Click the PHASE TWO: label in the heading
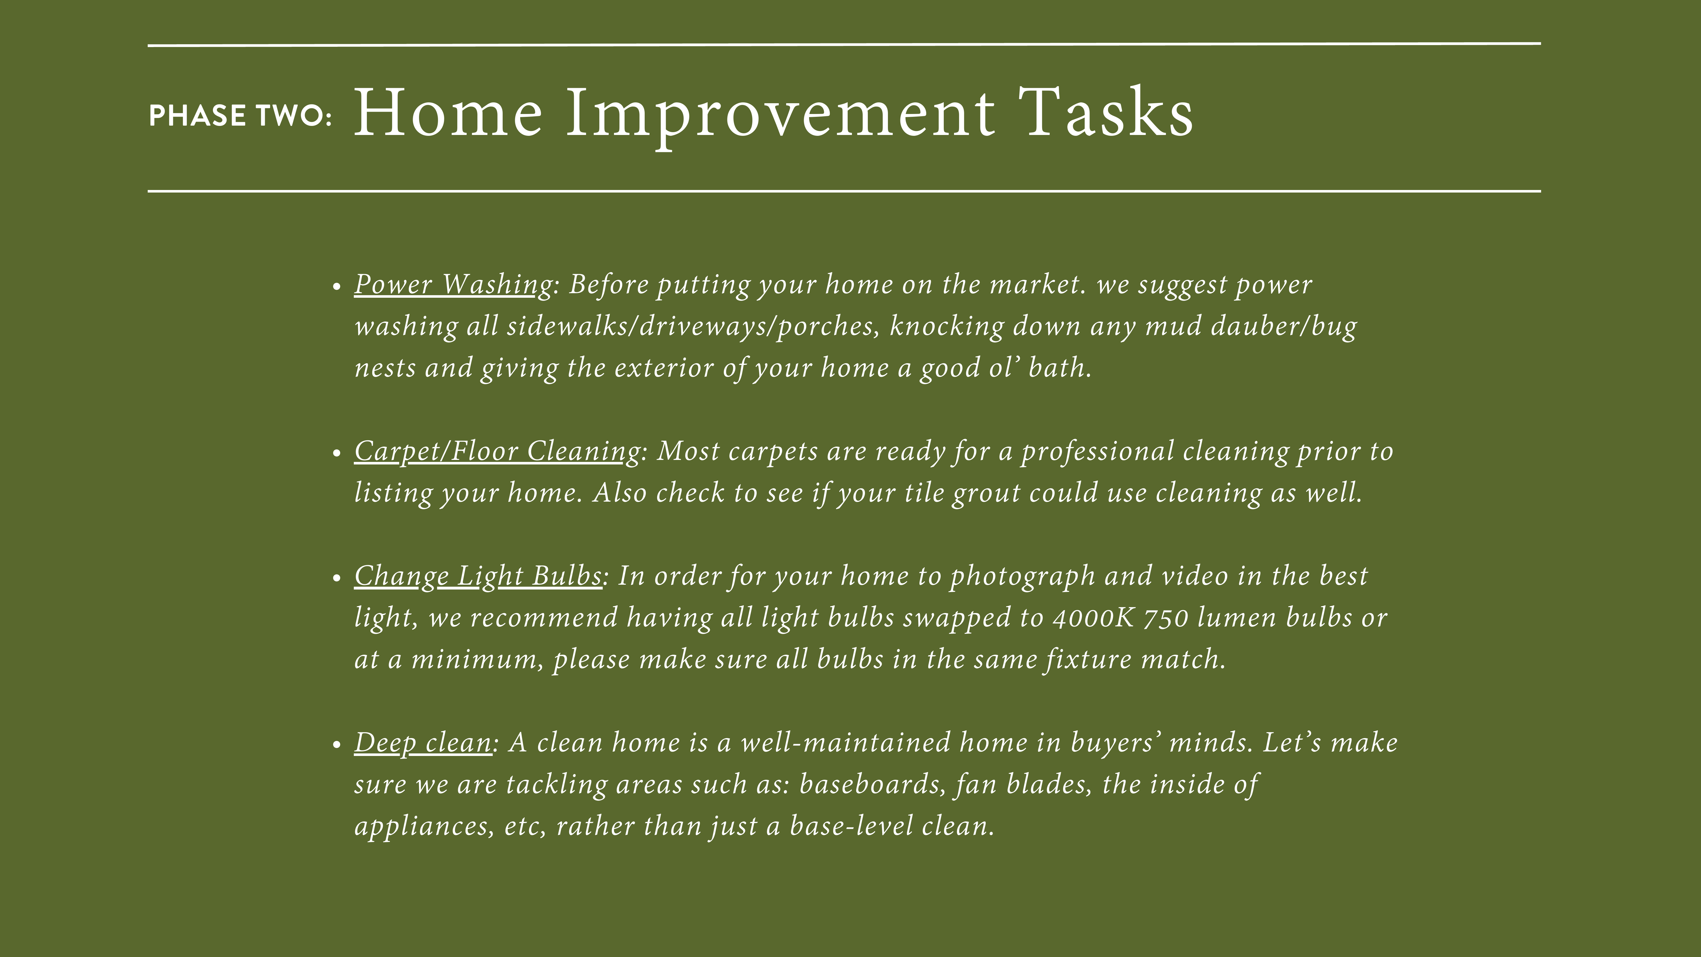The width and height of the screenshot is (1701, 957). tap(240, 116)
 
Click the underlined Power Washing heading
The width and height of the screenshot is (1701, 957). tap(453, 285)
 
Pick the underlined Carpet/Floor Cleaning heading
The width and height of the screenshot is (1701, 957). tap(497, 452)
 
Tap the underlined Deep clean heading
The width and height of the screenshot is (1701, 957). tap(423, 743)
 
